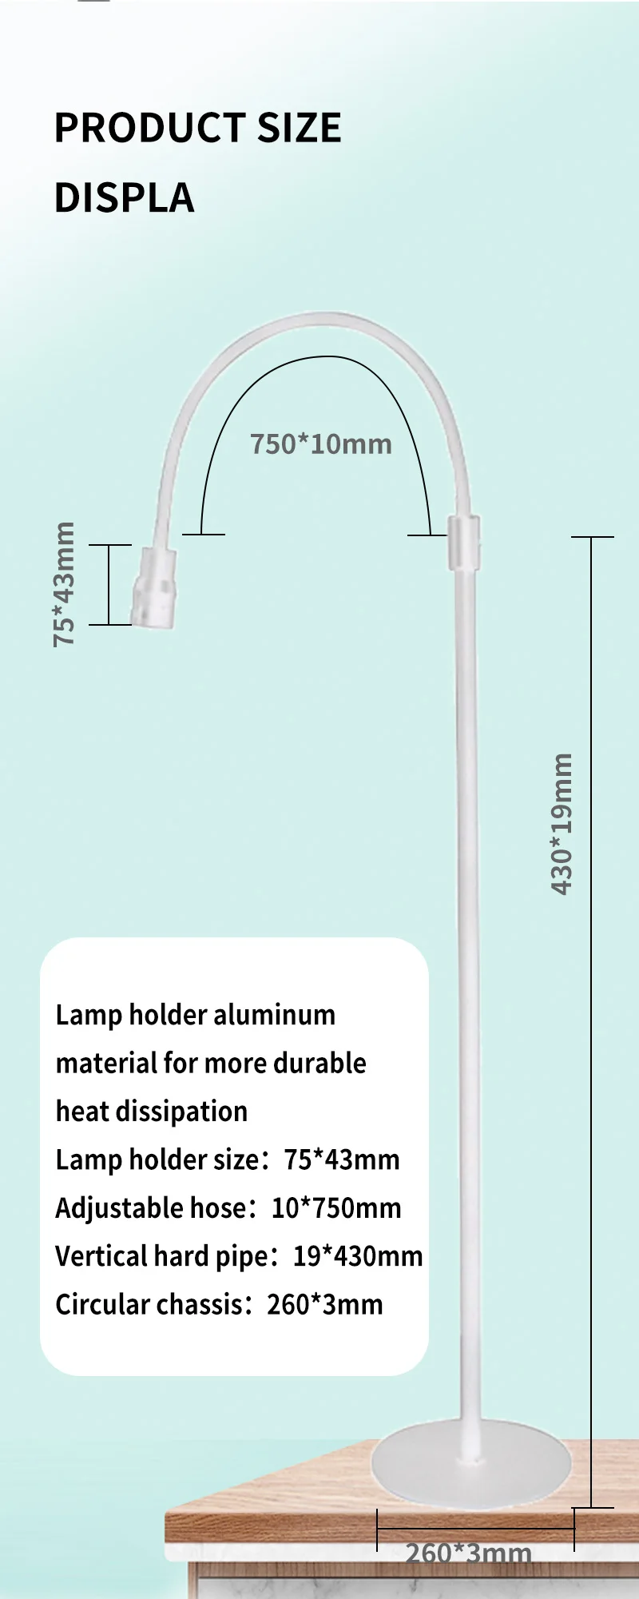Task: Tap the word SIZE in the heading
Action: click(x=299, y=128)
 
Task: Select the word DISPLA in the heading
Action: click(x=124, y=197)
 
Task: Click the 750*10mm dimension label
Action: click(x=321, y=444)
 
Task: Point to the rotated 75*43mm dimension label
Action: click(x=64, y=584)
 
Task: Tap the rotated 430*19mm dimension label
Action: click(x=562, y=824)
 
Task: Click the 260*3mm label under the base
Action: click(x=468, y=1553)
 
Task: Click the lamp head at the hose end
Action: click(x=154, y=587)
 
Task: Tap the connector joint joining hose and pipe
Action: click(x=463, y=543)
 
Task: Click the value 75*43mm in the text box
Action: click(x=342, y=1159)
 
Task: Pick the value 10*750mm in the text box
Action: click(x=336, y=1208)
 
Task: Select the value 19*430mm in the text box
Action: click(x=358, y=1256)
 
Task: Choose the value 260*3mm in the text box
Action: click(x=325, y=1304)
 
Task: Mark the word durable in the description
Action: click(x=319, y=1063)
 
